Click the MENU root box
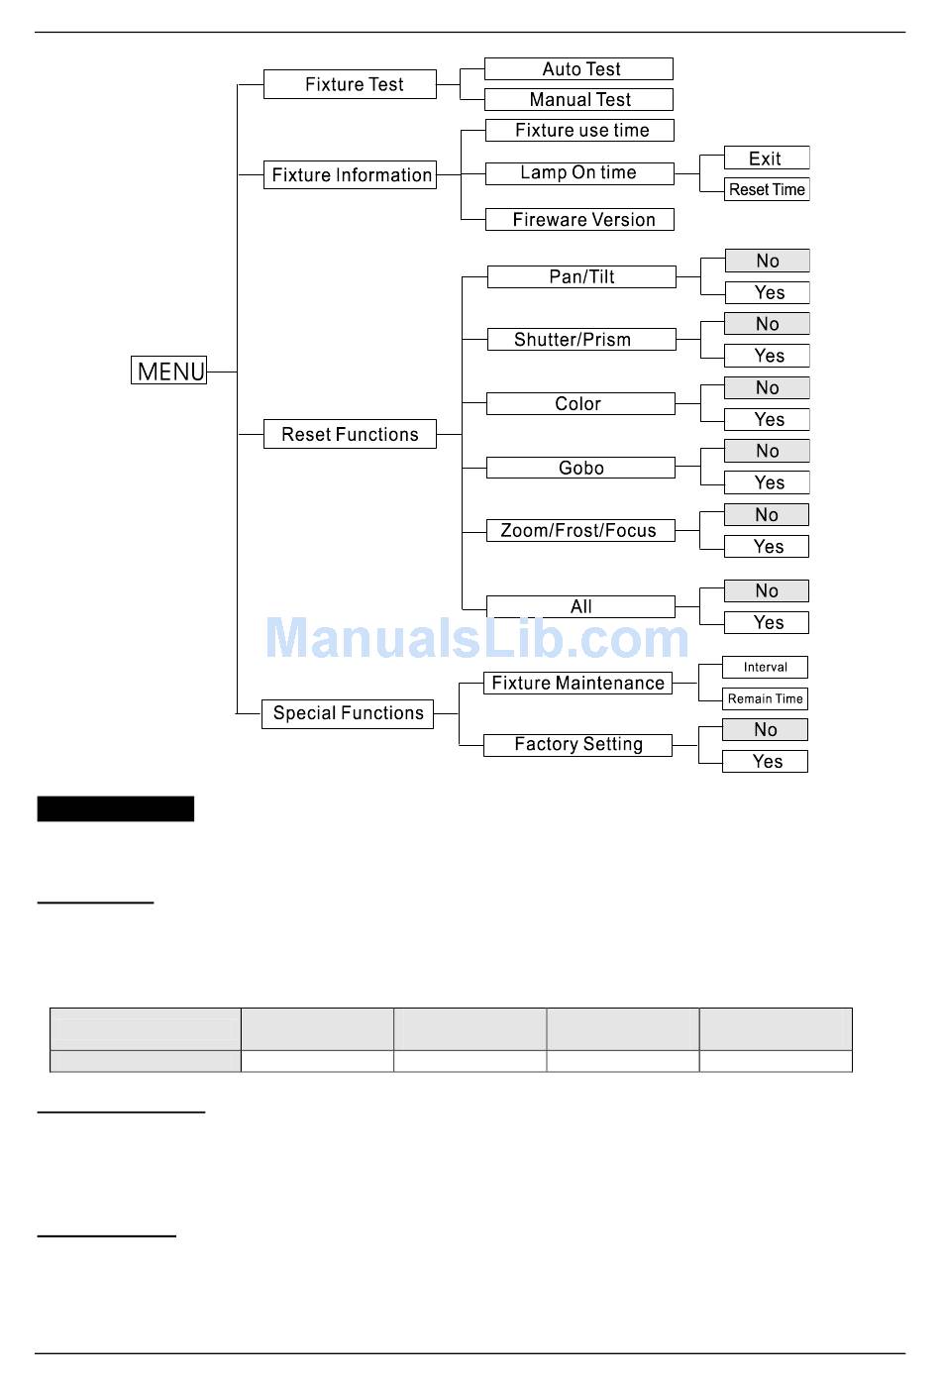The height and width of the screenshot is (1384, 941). point(168,371)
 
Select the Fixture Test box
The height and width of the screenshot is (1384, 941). point(350,84)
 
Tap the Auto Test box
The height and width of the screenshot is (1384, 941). point(578,68)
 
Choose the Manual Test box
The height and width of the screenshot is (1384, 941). point(578,99)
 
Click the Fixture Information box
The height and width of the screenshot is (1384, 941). point(350,175)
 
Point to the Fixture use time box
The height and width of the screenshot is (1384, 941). point(579,130)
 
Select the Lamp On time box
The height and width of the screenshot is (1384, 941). point(579,173)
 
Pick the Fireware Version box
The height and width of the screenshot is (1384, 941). point(579,219)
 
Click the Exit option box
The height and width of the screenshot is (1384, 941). point(766,158)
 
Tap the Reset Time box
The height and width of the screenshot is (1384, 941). point(766,189)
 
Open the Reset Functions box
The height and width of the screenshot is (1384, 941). point(350,434)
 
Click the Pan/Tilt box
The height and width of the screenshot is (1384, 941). point(581,276)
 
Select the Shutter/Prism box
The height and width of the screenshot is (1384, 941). point(581,340)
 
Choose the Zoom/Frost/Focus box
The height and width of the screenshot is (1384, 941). point(579,530)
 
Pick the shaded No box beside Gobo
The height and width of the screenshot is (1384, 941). point(767,451)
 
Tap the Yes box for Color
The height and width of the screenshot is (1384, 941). point(767,419)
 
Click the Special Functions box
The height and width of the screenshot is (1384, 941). point(348,713)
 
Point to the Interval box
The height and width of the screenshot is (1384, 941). point(765,667)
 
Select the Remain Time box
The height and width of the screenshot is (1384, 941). point(765,698)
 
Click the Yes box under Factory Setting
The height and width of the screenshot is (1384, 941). point(765,761)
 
